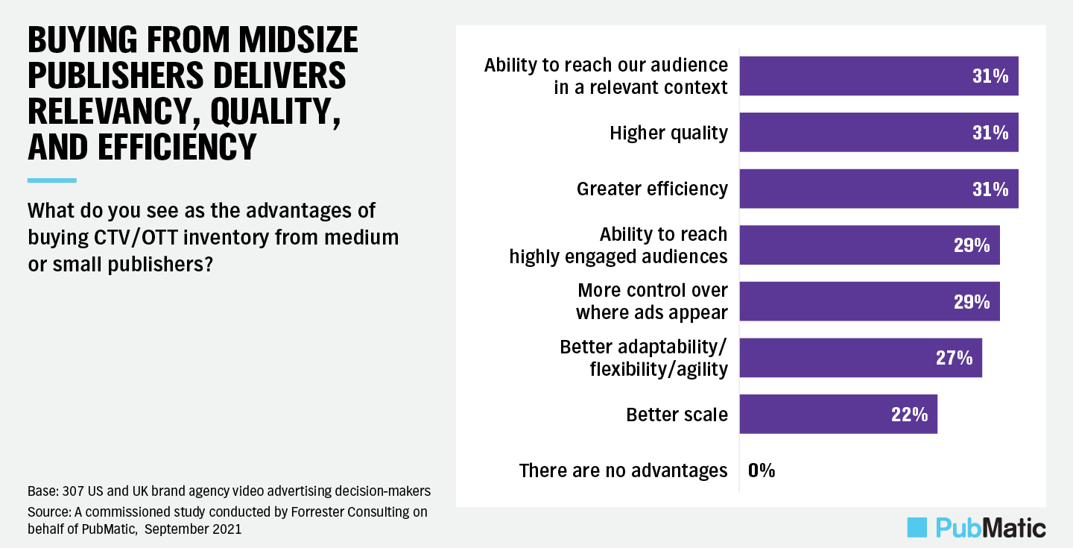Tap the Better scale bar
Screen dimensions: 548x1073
point(838,415)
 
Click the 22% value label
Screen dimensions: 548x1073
point(909,415)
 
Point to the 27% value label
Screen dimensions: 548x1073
point(954,358)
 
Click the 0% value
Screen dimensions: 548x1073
point(762,470)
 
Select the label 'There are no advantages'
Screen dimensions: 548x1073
point(623,470)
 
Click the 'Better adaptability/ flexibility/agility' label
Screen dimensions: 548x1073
point(643,358)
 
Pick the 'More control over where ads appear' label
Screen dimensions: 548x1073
point(651,301)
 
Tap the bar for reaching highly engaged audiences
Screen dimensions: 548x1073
point(869,245)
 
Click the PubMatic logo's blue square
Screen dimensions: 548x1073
point(917,527)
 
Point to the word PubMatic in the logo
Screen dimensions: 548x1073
point(990,528)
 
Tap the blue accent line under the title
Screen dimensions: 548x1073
point(51,180)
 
